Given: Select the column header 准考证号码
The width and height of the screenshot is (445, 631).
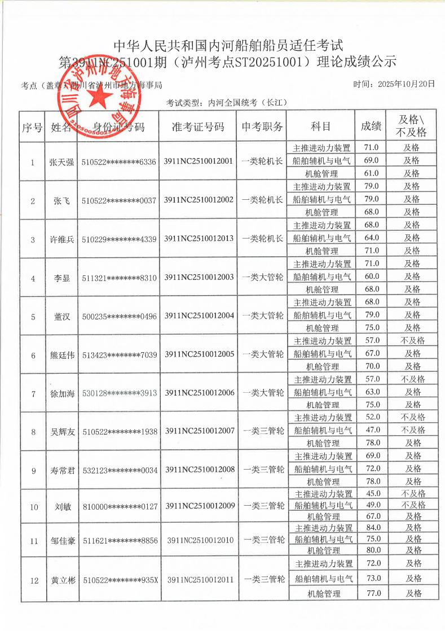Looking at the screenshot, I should [x=198, y=127].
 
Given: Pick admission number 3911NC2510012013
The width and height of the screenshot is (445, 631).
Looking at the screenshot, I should [x=199, y=239].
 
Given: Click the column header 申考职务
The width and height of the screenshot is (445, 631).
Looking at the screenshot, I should [x=263, y=127].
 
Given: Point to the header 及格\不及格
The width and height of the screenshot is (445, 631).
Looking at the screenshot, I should [x=412, y=126].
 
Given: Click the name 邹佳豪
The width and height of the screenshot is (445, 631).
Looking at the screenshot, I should [x=62, y=541].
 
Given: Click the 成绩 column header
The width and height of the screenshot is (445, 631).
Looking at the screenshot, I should [x=371, y=127].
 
